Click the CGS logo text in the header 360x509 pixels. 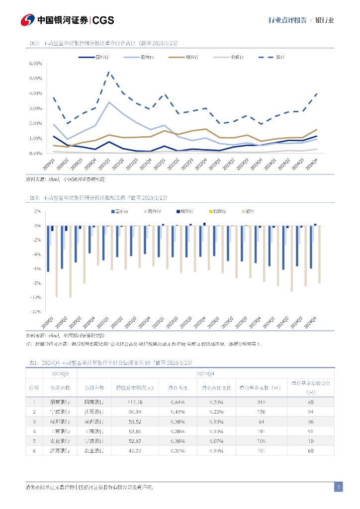(103, 20)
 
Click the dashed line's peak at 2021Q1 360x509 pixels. (109, 72)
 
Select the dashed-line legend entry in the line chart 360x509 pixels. (271, 57)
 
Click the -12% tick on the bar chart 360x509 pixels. (36, 312)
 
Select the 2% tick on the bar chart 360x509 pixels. (37, 211)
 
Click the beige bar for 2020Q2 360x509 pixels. (71, 261)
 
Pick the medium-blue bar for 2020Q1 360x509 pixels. (48, 249)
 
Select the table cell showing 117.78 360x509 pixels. (135, 402)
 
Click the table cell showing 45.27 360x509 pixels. (135, 450)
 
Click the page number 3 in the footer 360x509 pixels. (338, 487)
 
